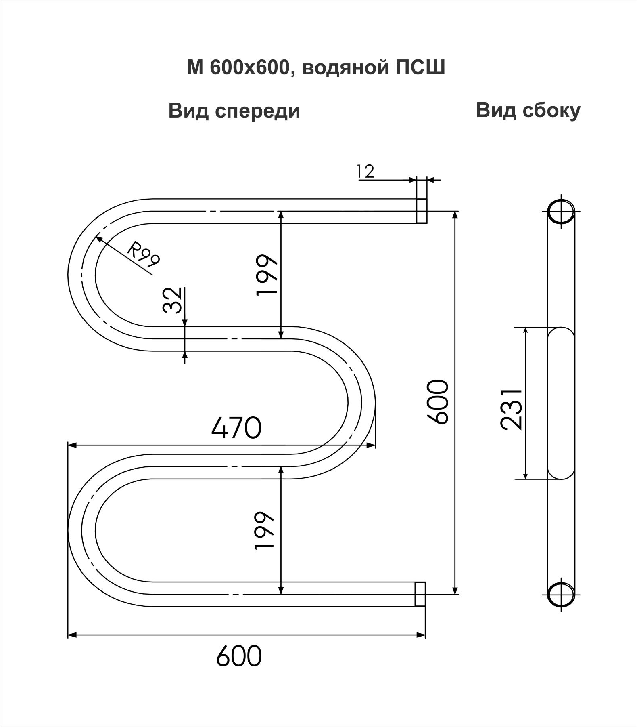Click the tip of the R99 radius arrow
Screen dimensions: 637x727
(x=96, y=237)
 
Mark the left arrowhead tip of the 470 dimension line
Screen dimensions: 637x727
(x=67, y=445)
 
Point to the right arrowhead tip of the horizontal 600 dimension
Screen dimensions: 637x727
(x=426, y=635)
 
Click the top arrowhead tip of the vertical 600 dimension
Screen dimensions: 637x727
(x=455, y=211)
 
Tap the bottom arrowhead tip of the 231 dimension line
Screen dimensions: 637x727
(x=525, y=479)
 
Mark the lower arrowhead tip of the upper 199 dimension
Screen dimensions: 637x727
(x=281, y=338)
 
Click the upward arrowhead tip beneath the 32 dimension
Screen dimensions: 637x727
(x=185, y=351)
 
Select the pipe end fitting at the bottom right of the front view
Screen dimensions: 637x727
(x=420, y=594)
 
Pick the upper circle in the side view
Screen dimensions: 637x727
(x=561, y=211)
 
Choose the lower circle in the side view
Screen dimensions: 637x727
(x=561, y=594)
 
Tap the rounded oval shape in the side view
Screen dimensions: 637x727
(x=561, y=403)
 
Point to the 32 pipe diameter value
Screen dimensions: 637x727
(x=172, y=300)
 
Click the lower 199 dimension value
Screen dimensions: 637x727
(x=265, y=530)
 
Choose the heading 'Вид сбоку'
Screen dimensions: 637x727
(x=528, y=110)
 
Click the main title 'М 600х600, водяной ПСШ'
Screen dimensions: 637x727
(x=316, y=68)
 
